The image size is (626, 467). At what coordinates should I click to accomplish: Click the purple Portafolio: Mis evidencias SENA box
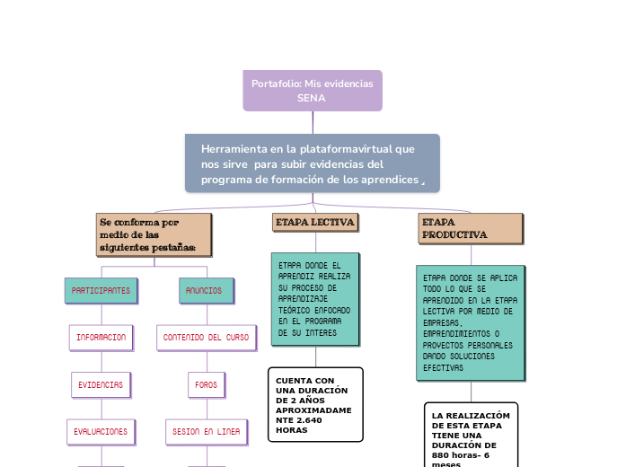(312, 90)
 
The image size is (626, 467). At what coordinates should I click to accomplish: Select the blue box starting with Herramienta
(312, 163)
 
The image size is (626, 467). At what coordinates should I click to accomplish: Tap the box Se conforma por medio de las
(154, 234)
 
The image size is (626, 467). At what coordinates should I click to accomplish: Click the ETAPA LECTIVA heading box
(315, 222)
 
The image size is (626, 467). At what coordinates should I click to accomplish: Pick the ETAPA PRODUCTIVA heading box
(470, 228)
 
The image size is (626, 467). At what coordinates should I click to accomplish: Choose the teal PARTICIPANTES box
(101, 291)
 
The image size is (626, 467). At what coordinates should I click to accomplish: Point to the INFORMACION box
(101, 338)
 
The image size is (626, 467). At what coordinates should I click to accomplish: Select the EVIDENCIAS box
(101, 384)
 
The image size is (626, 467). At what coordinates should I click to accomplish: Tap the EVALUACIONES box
(101, 432)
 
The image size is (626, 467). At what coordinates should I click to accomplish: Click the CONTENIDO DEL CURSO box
(206, 338)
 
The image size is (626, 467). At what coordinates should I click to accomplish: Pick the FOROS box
(206, 384)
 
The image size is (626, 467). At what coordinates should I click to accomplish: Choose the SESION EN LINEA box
(206, 432)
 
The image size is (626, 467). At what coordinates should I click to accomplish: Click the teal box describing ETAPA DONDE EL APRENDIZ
(314, 299)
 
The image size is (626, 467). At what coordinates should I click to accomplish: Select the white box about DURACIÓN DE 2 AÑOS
(315, 404)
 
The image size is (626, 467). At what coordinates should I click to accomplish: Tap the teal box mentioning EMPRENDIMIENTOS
(471, 322)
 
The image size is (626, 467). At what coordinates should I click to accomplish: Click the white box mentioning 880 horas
(471, 436)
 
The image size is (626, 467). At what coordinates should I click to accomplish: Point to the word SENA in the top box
(312, 98)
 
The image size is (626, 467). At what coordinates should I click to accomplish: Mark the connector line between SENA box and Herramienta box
(313, 122)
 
